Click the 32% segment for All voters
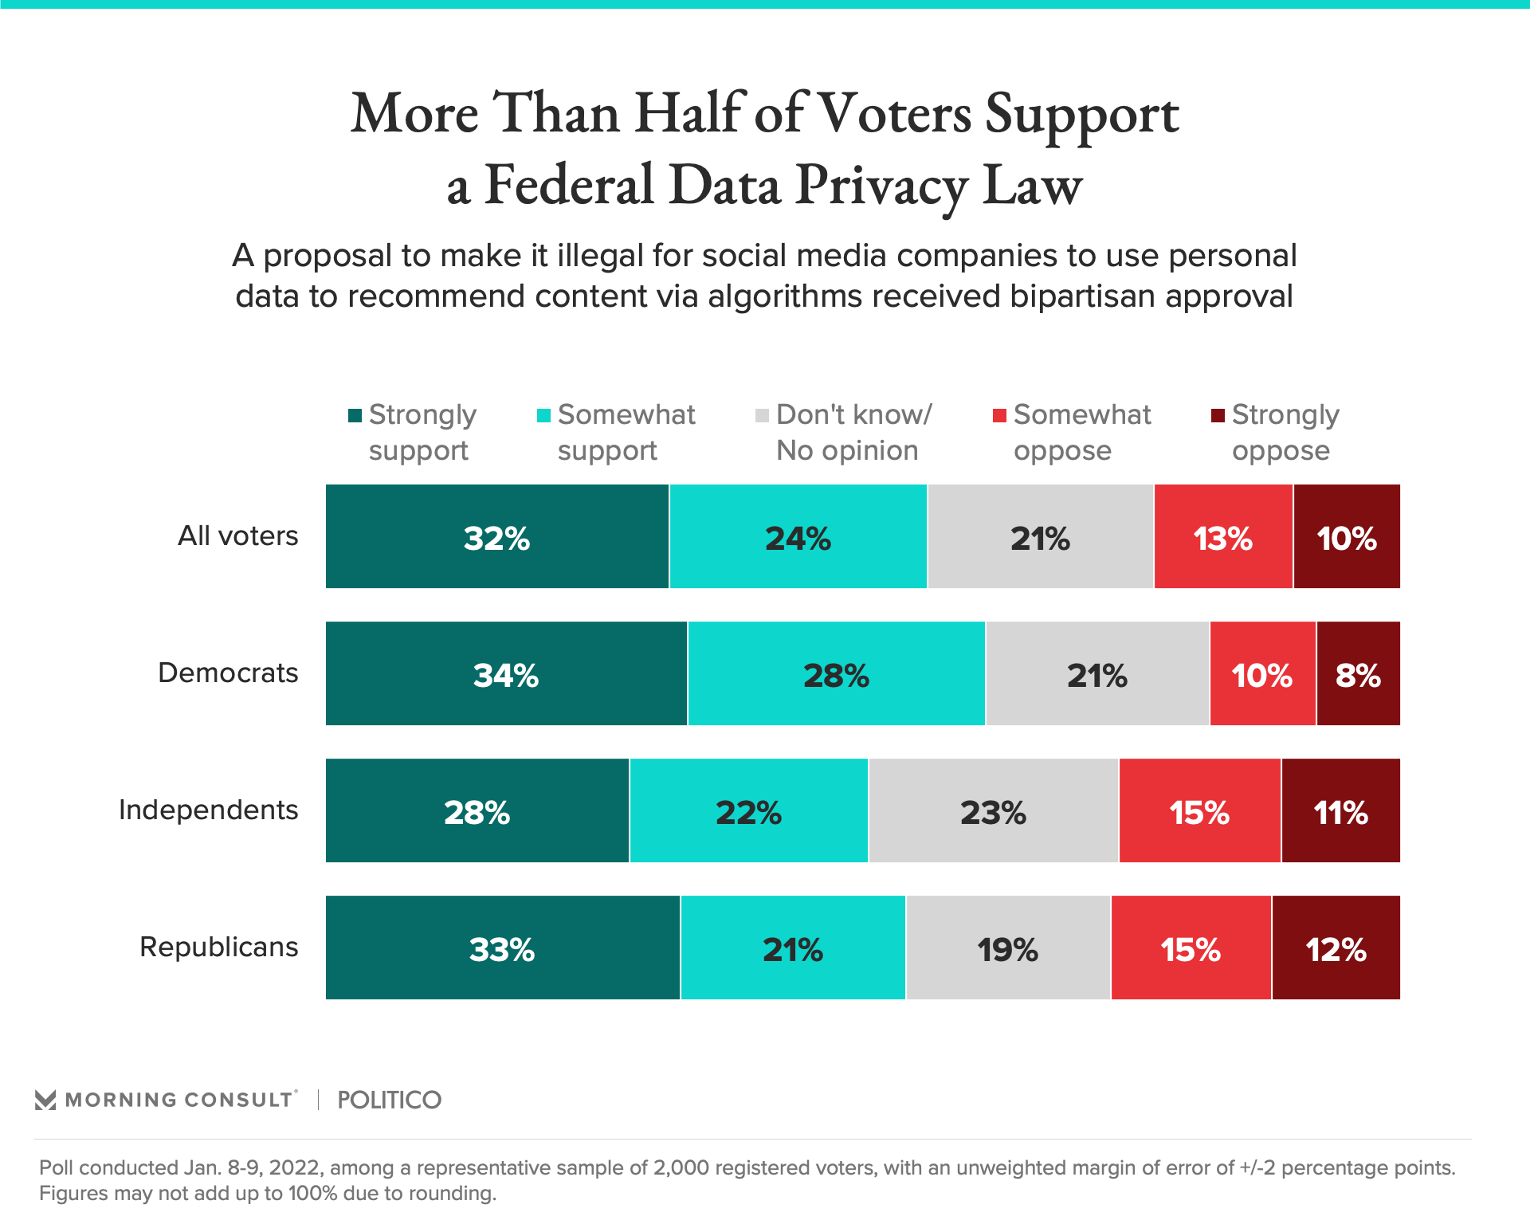point(497,537)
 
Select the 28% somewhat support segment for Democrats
point(836,674)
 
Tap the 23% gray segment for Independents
point(993,811)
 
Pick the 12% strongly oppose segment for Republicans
point(1336,948)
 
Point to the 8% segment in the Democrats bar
point(1358,674)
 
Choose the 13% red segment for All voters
point(1222,537)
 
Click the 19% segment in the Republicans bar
point(1007,948)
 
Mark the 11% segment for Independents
point(1340,811)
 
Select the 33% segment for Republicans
point(502,948)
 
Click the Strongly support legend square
point(355,415)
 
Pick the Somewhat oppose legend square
point(999,415)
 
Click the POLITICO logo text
point(389,1100)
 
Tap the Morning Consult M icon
point(45,1100)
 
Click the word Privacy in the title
point(881,186)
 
